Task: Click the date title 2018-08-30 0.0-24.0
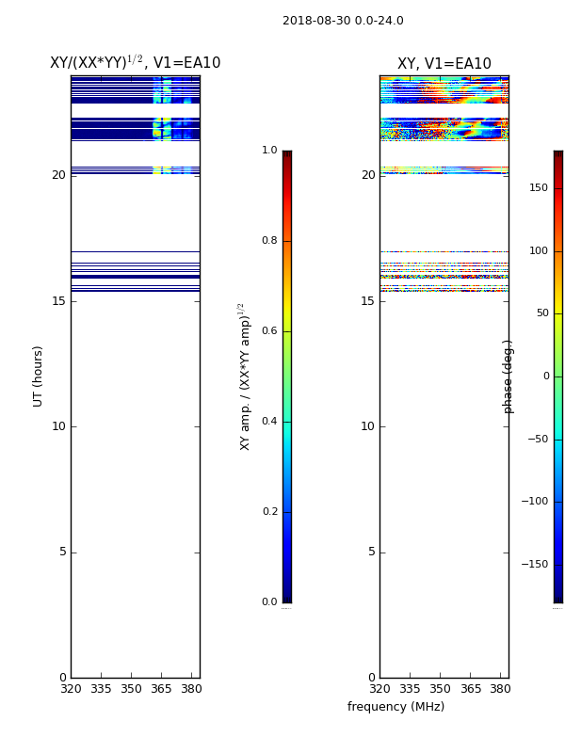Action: click(343, 21)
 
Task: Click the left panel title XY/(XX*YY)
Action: click(96, 62)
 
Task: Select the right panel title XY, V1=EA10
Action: click(444, 63)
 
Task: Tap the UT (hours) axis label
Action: click(38, 376)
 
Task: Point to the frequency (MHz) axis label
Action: click(395, 707)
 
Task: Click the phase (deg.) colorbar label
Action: click(508, 376)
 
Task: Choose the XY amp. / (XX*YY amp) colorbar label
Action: click(245, 376)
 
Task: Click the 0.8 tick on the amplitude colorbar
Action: click(269, 240)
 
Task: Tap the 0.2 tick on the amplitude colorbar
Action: click(269, 511)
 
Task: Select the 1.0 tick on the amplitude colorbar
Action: click(269, 150)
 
